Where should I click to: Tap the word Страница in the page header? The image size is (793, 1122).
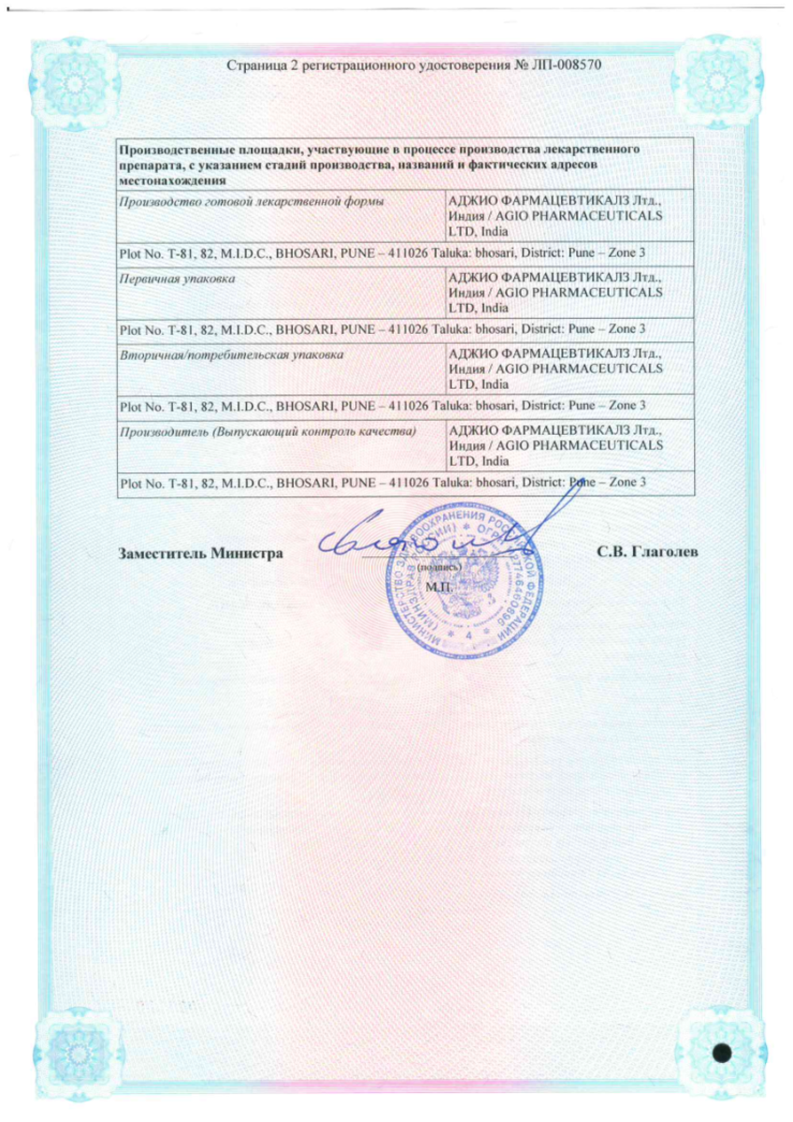point(252,66)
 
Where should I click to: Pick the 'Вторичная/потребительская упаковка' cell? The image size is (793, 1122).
point(228,355)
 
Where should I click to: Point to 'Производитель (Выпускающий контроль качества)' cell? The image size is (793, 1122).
point(267,431)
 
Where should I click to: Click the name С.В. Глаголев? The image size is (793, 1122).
point(647,552)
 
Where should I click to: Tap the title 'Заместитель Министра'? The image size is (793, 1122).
point(201,553)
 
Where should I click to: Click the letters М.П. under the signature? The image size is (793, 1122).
point(437,587)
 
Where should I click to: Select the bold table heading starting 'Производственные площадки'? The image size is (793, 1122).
point(379,150)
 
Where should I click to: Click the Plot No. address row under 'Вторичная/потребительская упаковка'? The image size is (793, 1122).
point(383,406)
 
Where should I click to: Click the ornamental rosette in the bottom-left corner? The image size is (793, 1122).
point(65,1053)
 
